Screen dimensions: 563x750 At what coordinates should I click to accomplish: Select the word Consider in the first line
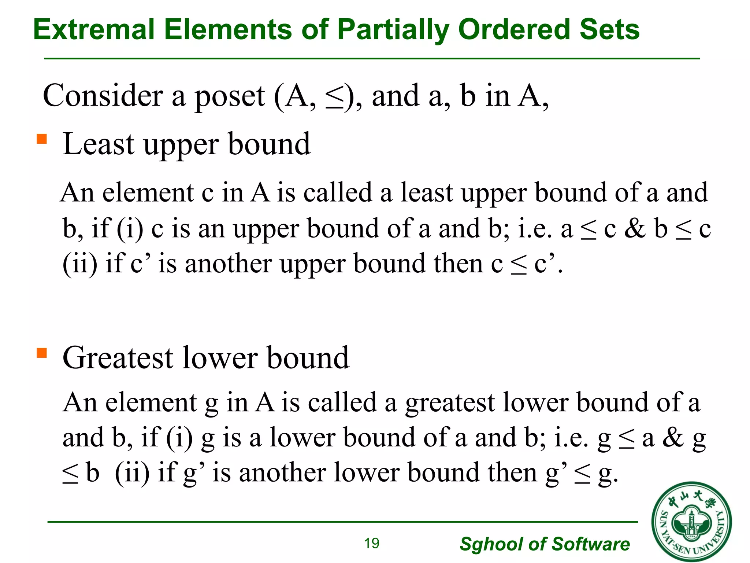coord(103,96)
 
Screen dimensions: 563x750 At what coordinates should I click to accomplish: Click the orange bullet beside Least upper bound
coord(42,139)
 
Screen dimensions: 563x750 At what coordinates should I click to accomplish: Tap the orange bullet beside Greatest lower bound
coord(42,353)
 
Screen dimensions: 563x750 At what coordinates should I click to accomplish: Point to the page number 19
coord(372,544)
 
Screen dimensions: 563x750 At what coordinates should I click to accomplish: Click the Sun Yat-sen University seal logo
coord(691,522)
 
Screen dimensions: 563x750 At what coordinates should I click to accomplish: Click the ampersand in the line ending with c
coord(635,228)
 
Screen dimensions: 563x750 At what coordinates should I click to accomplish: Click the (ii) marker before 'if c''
coord(80,264)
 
